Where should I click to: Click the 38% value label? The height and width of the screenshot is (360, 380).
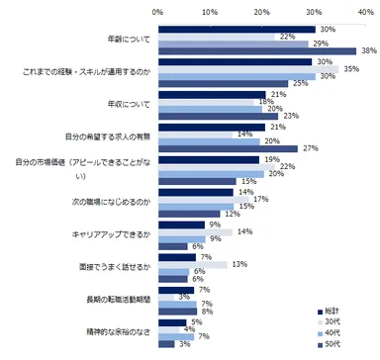(368, 51)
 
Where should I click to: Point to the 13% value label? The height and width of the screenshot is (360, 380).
(237, 263)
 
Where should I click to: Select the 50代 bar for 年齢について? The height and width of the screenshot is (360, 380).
(256, 51)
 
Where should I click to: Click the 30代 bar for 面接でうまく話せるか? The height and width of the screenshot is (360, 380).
(192, 264)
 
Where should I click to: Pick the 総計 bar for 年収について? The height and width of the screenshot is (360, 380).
(213, 95)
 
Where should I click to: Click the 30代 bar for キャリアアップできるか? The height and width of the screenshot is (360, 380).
(194, 232)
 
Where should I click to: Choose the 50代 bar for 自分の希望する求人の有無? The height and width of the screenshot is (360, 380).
(228, 147)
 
